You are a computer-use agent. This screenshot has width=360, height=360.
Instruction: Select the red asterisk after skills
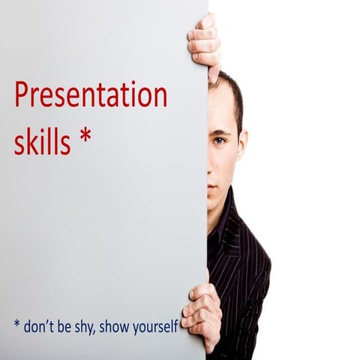pyautogui.click(x=86, y=136)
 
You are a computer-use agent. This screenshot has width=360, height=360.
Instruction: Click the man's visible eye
pyautogui.click(x=219, y=140)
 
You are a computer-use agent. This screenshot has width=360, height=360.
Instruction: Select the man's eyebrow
pyautogui.click(x=219, y=128)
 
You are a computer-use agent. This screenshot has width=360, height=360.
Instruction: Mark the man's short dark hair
pyautogui.click(x=232, y=94)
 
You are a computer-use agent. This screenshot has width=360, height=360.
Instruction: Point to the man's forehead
pyautogui.click(x=219, y=105)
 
